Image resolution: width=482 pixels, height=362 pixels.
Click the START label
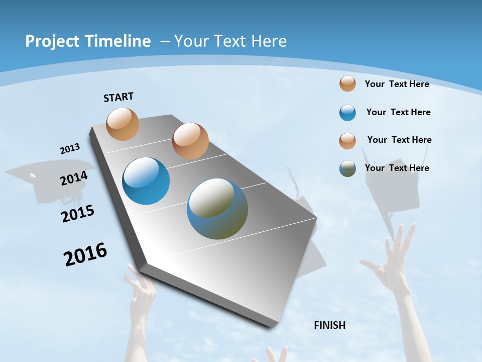(x=118, y=97)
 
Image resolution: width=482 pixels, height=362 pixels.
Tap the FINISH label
(x=329, y=325)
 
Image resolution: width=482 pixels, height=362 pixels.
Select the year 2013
(x=70, y=149)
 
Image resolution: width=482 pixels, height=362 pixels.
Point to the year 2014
(x=74, y=178)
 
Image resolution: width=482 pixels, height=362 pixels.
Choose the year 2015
(x=77, y=214)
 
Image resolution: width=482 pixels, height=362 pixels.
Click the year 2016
(x=85, y=254)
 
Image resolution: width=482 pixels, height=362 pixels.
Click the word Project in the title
(x=51, y=41)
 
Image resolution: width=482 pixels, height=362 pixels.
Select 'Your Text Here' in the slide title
(x=230, y=41)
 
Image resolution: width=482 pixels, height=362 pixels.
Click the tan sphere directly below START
(x=123, y=124)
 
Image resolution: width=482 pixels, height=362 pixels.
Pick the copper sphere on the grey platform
(x=190, y=141)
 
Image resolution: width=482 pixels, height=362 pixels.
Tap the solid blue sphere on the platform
(x=146, y=181)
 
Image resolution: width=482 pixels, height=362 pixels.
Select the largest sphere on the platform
(x=217, y=209)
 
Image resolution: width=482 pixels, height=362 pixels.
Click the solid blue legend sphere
(x=347, y=113)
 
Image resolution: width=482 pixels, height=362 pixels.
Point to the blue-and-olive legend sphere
(x=347, y=168)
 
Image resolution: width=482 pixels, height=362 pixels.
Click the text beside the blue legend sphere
(x=398, y=112)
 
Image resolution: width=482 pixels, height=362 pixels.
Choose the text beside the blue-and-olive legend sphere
(x=397, y=168)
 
